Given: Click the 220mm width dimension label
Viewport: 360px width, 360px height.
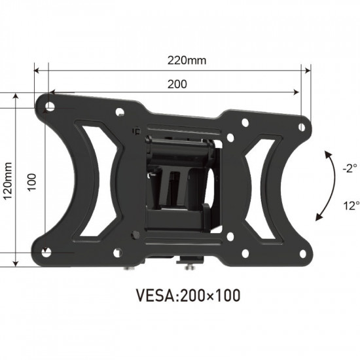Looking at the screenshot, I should tap(187, 61).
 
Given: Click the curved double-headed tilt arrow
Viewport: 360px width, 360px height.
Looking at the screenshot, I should tap(322, 187).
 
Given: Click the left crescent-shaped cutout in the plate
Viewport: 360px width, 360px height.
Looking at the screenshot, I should tap(98, 177).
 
